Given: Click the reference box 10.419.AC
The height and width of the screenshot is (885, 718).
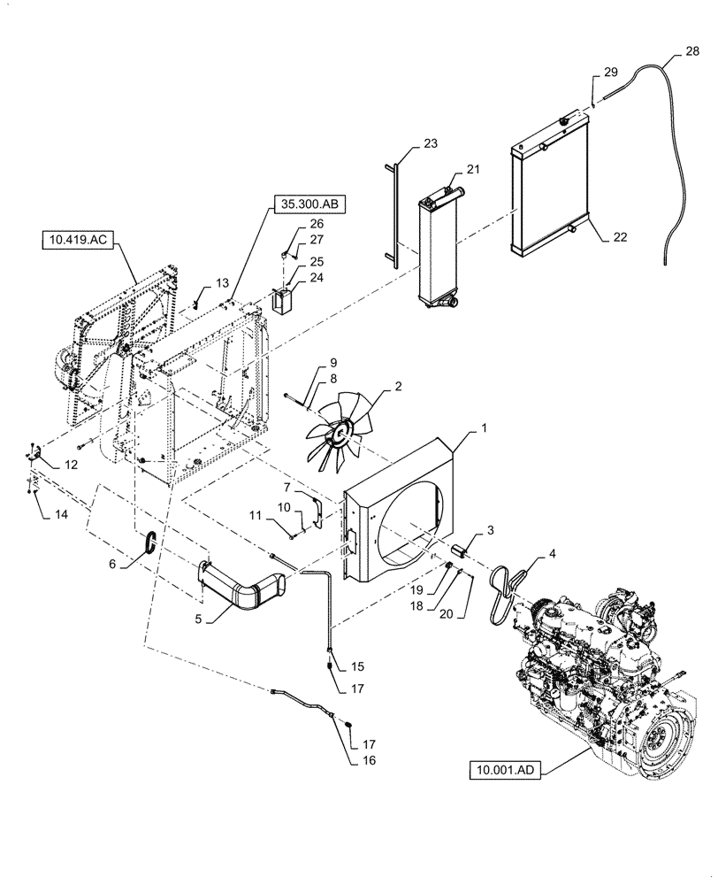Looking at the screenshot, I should (75, 239).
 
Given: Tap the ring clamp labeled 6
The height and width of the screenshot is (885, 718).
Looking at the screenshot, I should (150, 541).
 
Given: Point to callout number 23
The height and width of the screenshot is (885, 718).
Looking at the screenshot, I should (430, 143).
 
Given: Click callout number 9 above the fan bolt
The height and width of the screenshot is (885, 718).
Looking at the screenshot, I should (309, 363).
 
